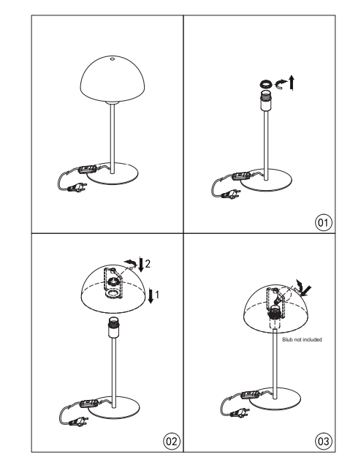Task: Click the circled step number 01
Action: [323, 222]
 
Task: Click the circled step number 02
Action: [171, 441]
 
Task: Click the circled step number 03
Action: [323, 441]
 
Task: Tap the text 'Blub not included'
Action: [302, 339]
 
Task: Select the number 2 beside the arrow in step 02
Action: [148, 263]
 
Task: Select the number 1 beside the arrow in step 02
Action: [157, 295]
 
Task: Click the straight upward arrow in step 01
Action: [292, 83]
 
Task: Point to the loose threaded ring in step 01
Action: [265, 84]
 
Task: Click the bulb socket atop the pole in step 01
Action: [265, 101]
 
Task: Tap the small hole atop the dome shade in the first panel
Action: [112, 58]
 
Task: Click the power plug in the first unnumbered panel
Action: [77, 188]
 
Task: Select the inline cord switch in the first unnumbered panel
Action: [87, 170]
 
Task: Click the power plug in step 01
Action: [230, 194]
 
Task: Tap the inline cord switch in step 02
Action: [89, 404]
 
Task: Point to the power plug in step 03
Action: [239, 412]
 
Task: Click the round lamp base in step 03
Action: [275, 398]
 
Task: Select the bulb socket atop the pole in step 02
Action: [114, 327]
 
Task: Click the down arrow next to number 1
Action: [151, 295]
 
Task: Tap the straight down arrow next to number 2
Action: [141, 265]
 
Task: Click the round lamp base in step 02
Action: [114, 407]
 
